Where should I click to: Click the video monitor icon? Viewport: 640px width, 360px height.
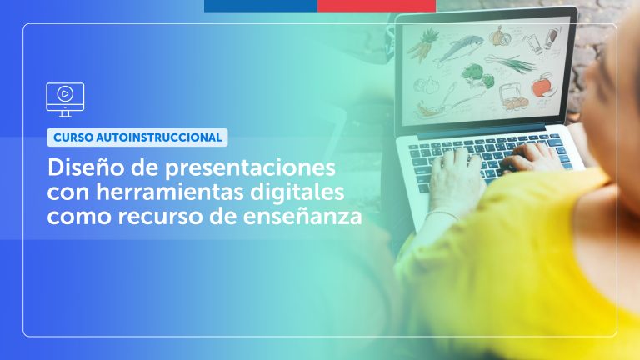pyautogui.click(x=64, y=98)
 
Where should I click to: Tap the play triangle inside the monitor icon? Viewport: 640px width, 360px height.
pyautogui.click(x=65, y=93)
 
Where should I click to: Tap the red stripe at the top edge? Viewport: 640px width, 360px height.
pyautogui.click(x=376, y=5)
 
